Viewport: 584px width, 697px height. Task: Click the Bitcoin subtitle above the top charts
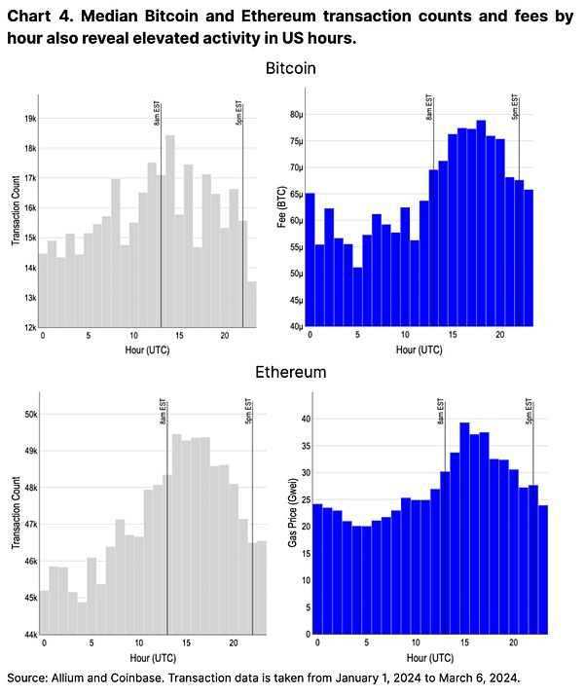292,70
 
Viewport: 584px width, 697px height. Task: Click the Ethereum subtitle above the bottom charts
292,372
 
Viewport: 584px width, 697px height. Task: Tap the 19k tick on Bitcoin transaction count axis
29,118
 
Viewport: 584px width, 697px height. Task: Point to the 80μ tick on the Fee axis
294,114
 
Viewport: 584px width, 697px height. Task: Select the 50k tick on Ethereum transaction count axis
29,414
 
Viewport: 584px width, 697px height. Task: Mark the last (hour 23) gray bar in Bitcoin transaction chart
252,305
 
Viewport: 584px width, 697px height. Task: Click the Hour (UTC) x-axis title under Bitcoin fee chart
420,348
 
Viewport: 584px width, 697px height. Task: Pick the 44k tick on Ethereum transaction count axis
29,634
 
